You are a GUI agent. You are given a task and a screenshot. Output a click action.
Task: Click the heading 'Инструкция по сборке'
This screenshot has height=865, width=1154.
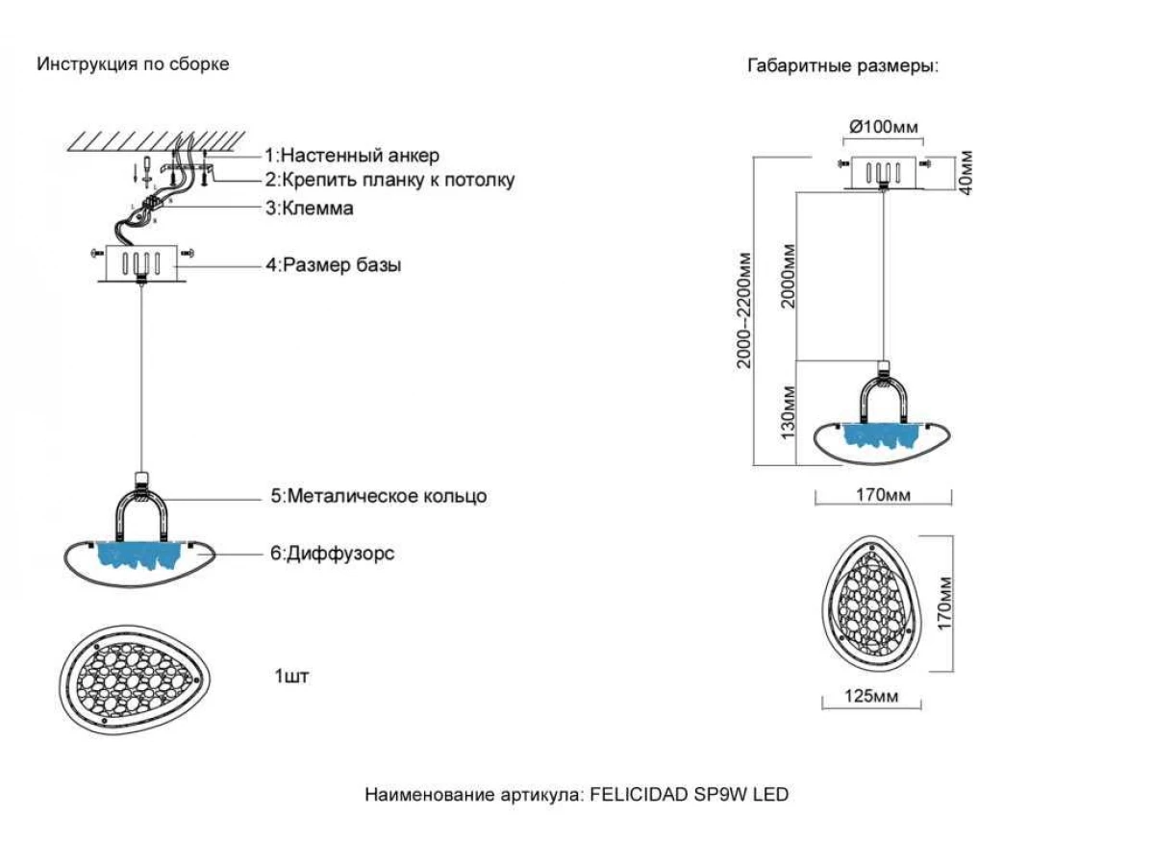pos(133,64)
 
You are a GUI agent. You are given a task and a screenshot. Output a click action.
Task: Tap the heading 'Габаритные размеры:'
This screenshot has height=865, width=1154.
pos(842,66)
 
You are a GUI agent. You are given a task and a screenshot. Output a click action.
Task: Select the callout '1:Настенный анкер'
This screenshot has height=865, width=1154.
pos(352,155)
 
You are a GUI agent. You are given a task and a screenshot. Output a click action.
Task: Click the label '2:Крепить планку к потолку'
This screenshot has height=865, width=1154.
pos(390,180)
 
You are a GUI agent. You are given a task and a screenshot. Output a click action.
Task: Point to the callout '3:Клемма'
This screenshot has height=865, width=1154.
pos(310,208)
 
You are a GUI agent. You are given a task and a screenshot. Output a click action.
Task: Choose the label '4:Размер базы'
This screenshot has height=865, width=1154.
pos(334,265)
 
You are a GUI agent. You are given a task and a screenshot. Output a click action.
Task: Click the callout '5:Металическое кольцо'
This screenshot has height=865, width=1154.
pos(378,496)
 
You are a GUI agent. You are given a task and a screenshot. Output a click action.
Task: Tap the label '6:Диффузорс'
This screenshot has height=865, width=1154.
pos(333,554)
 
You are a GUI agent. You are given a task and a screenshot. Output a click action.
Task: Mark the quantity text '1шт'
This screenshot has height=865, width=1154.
pos(291,677)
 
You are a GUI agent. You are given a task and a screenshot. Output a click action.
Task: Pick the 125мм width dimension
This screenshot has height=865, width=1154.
pos(873,696)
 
